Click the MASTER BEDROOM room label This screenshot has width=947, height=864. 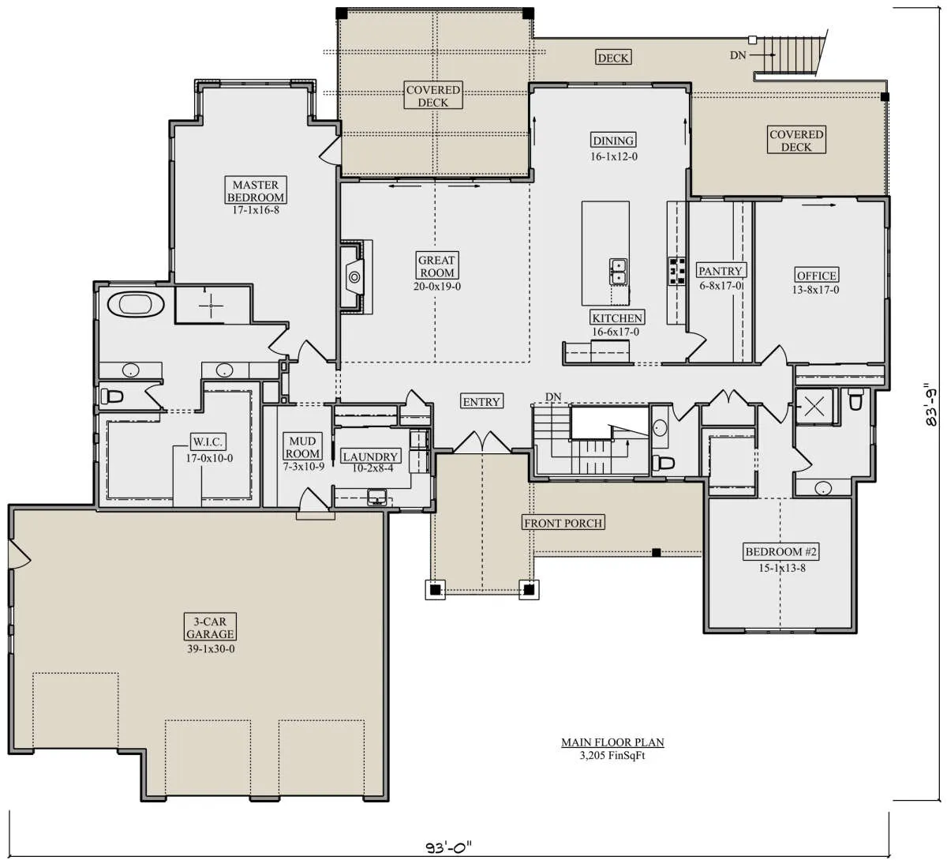[x=256, y=190]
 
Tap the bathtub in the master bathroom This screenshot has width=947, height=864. [x=136, y=304]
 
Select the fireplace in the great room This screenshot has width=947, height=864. [x=355, y=277]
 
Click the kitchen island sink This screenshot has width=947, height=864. [x=618, y=272]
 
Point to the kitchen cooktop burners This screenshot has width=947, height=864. [x=676, y=271]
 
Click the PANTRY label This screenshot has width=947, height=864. [x=721, y=270]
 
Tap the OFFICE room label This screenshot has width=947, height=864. [x=816, y=275]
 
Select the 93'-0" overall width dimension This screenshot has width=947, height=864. [x=448, y=847]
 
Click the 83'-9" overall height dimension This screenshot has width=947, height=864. [x=931, y=404]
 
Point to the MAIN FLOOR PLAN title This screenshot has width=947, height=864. [x=612, y=742]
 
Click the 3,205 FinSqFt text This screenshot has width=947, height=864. [x=612, y=755]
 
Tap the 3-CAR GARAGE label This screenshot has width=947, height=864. [x=210, y=627]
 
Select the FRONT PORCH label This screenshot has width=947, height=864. [x=563, y=523]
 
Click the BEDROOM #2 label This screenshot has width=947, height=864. [x=780, y=551]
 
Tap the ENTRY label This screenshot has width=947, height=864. [x=481, y=401]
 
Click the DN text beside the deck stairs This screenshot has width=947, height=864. [x=738, y=55]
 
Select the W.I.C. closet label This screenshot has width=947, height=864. [x=208, y=441]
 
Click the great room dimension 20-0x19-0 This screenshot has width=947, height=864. [x=437, y=286]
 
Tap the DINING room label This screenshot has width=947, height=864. [x=613, y=140]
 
